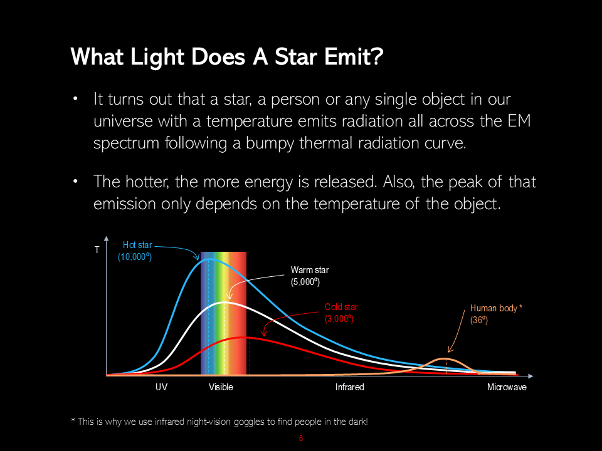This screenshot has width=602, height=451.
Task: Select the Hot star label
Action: [x=137, y=245]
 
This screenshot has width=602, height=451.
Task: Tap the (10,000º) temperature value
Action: [x=135, y=257]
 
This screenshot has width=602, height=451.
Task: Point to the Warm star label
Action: [x=310, y=270]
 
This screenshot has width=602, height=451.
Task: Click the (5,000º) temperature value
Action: [x=305, y=282]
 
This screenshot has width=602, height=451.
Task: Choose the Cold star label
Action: [x=341, y=307]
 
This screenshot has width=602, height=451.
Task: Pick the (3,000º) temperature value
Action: [x=339, y=319]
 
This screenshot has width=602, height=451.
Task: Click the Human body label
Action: [x=494, y=308]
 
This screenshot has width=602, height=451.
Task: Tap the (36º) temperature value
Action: [x=478, y=320]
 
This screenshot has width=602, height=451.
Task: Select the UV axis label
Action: [x=161, y=387]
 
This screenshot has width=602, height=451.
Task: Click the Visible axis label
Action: [x=221, y=387]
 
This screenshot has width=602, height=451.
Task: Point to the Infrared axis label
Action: [x=349, y=387]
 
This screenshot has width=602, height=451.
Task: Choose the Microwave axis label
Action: [x=507, y=387]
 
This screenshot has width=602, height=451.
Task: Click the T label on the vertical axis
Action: [x=97, y=250]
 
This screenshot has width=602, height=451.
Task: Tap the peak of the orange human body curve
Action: [x=446, y=358]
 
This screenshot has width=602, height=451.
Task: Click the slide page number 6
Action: [x=301, y=438]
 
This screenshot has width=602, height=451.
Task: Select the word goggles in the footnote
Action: [x=249, y=422]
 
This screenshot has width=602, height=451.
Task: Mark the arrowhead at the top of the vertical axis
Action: [x=107, y=239]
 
